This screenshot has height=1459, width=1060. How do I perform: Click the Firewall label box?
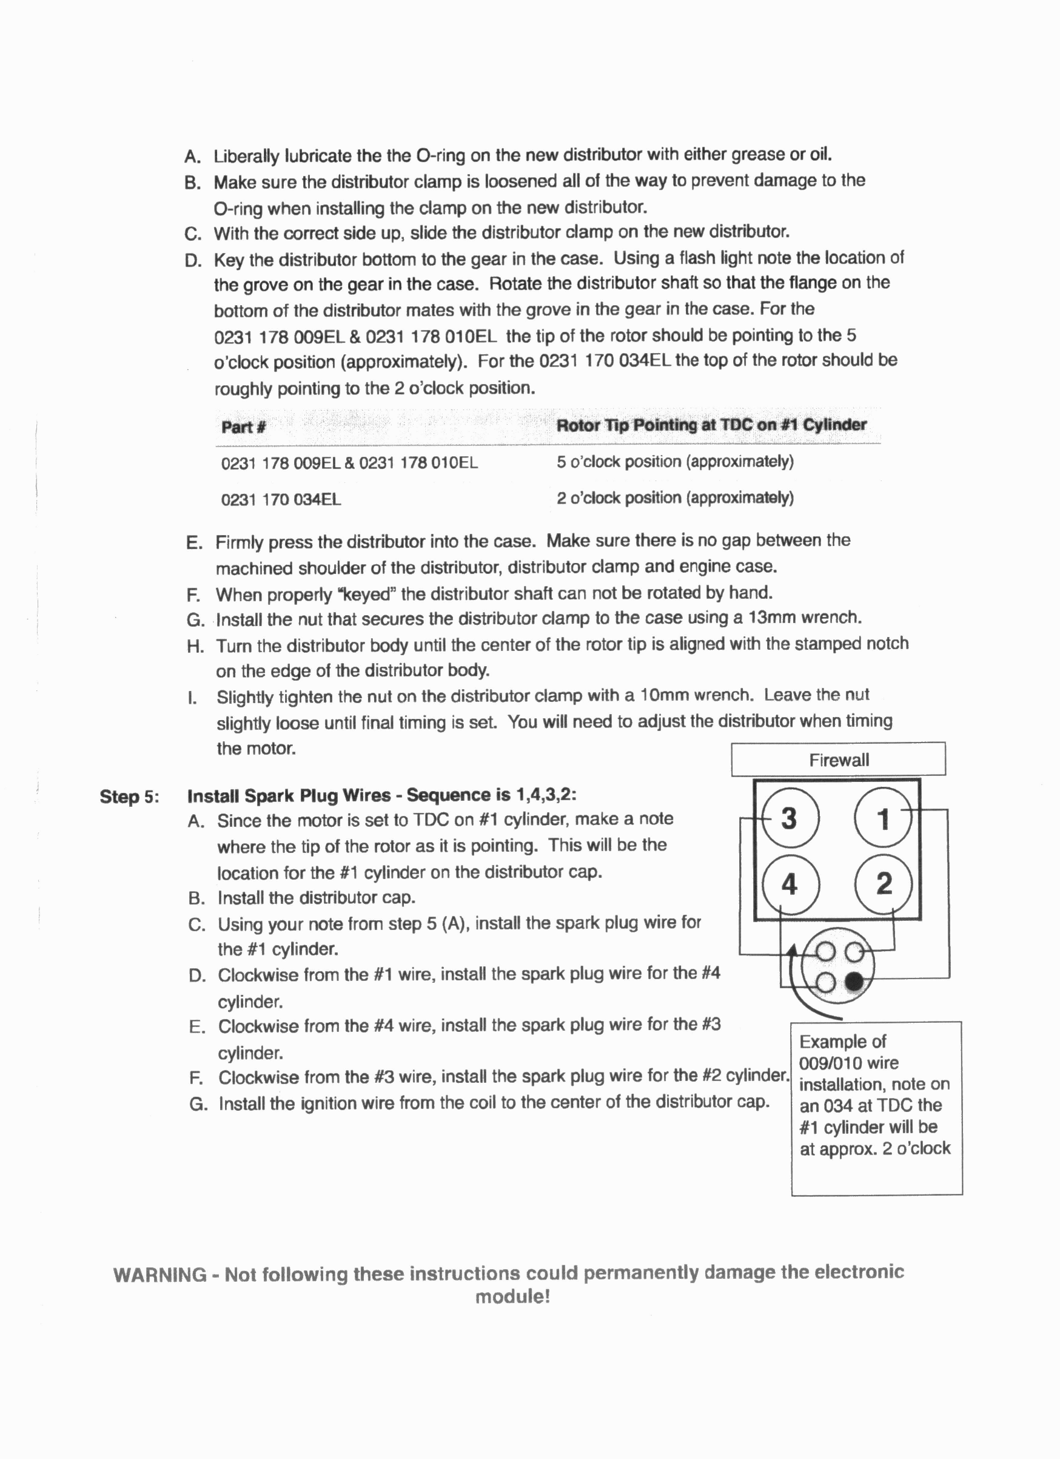point(838,760)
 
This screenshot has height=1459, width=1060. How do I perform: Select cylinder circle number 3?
point(789,818)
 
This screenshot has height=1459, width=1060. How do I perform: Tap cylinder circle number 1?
point(883,818)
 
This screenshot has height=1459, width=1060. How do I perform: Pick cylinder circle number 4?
point(789,884)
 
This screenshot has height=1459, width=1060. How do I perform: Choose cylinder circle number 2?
point(884,884)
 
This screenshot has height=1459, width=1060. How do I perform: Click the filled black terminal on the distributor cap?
point(854,982)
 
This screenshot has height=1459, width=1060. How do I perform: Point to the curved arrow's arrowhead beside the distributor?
point(793,951)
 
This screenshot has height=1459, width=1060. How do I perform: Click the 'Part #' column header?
point(243,427)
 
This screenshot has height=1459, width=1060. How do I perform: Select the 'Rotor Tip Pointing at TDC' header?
point(711,425)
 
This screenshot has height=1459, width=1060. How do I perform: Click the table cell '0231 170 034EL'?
point(281,500)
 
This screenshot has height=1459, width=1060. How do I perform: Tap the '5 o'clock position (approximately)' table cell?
point(675,462)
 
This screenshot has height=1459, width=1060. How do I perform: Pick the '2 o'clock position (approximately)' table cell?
point(675,498)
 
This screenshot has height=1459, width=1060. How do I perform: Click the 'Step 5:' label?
point(129,797)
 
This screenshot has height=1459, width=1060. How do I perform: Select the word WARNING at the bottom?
point(159,1275)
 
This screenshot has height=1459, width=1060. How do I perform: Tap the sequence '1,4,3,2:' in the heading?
point(546,795)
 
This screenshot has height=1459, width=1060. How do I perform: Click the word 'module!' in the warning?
point(512,1296)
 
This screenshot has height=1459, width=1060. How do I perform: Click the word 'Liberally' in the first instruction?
point(246,157)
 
